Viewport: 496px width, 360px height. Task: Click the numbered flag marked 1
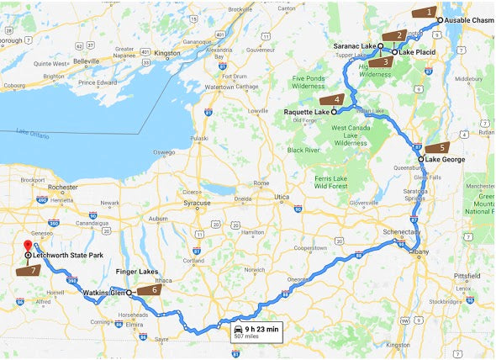(x=426, y=13)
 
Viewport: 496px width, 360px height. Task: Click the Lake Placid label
(x=418, y=52)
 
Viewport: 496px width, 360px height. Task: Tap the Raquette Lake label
(x=309, y=111)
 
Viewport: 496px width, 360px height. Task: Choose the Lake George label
(x=446, y=159)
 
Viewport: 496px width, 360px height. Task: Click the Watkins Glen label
(x=104, y=293)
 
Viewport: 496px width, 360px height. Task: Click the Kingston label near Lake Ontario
(x=166, y=53)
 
